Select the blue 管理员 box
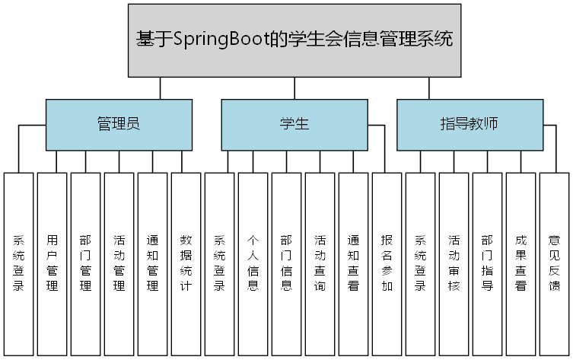coord(118,124)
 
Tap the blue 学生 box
coord(294,124)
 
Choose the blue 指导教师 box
coord(470,124)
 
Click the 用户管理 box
coord(52,263)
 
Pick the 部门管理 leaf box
coord(85,263)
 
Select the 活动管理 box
coord(119,263)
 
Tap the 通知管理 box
coord(152,263)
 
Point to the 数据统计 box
coord(186,263)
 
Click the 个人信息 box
coord(253,263)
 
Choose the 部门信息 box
coord(286,263)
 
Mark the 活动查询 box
coord(320,263)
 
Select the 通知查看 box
coord(353,263)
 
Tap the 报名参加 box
coord(387,263)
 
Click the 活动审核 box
coord(454,263)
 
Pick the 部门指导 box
coord(487,263)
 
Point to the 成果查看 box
coord(520,263)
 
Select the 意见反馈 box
coord(554,263)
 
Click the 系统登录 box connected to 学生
coord(219,263)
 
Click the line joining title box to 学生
coord(294,88)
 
